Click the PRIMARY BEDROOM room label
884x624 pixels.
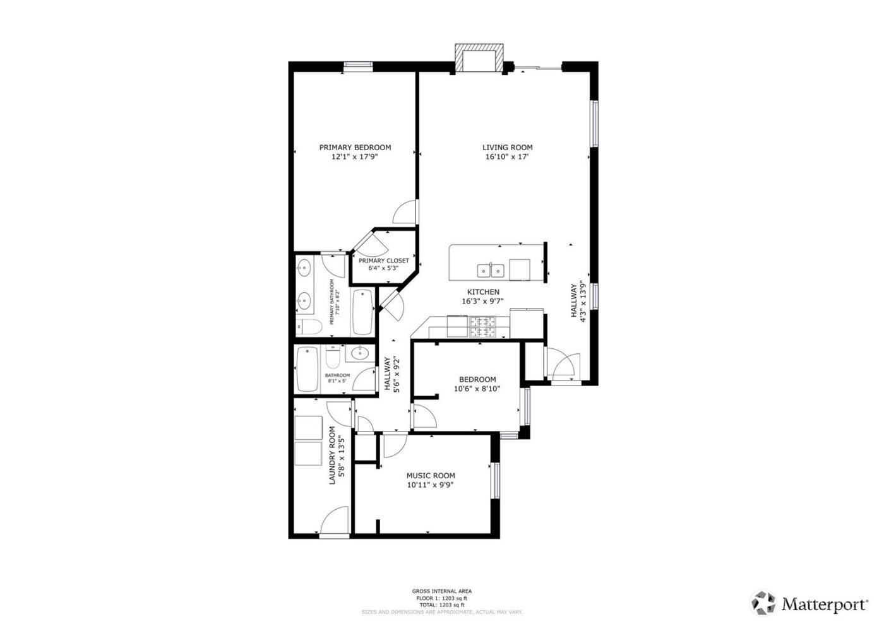coord(355,148)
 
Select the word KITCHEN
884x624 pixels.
coord(483,292)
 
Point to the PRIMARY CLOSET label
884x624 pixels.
coord(383,261)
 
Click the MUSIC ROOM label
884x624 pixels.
coord(430,476)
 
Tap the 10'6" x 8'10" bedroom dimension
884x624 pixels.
coord(477,389)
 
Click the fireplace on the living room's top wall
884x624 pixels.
coord(479,59)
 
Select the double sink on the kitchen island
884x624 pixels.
coord(491,271)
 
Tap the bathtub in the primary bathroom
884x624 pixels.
coord(362,312)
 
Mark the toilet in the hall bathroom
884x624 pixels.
coord(333,359)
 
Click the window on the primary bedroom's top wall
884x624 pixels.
coord(357,64)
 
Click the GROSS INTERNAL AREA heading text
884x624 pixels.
coord(441,591)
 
